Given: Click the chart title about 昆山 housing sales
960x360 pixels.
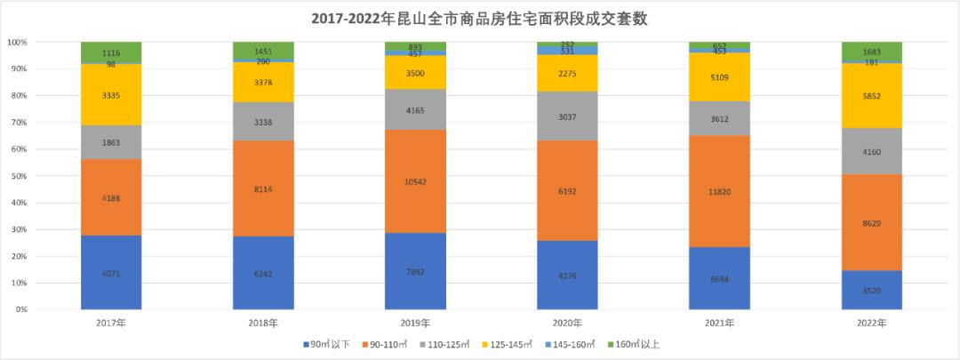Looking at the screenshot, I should point(480,19).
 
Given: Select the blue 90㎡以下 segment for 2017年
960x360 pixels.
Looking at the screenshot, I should point(111,272).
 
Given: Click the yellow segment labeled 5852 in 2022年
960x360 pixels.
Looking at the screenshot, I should point(872,95).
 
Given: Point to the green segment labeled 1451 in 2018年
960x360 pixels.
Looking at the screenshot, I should point(263,50).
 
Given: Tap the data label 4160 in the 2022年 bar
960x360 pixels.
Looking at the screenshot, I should point(872,151).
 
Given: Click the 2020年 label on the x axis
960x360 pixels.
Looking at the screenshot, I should point(568,323).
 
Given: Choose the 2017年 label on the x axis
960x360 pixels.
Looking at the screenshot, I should point(111,323).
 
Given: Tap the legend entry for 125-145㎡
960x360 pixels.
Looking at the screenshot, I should point(512,344).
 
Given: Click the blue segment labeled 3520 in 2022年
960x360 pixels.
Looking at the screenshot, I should point(872,290).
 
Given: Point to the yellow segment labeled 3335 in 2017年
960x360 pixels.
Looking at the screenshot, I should point(111,94).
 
